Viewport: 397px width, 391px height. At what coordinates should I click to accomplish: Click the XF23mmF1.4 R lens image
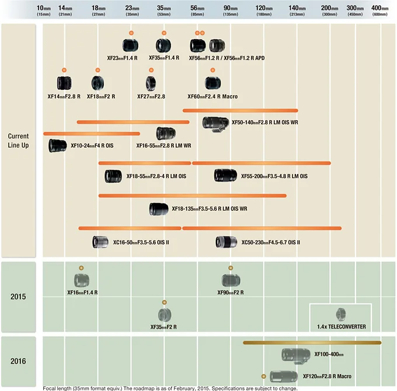click(130, 45)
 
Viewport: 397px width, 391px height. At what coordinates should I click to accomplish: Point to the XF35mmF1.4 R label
click(164, 58)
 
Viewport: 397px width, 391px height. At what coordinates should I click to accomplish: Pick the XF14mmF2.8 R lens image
click(64, 84)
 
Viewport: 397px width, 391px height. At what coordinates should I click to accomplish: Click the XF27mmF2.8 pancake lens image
click(151, 84)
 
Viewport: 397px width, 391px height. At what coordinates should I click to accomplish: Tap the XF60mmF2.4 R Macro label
click(213, 96)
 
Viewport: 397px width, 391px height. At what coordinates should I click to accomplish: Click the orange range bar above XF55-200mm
click(261, 163)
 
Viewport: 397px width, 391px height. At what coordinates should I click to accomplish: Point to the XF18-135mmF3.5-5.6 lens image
click(159, 208)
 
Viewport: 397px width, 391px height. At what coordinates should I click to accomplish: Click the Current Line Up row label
click(18, 141)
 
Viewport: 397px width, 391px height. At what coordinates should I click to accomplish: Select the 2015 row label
click(18, 296)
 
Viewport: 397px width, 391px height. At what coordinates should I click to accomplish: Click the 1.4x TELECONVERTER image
click(340, 314)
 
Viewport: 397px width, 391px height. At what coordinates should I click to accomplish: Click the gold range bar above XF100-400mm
click(312, 343)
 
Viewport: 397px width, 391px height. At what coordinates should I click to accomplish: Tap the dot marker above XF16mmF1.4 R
click(82, 267)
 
